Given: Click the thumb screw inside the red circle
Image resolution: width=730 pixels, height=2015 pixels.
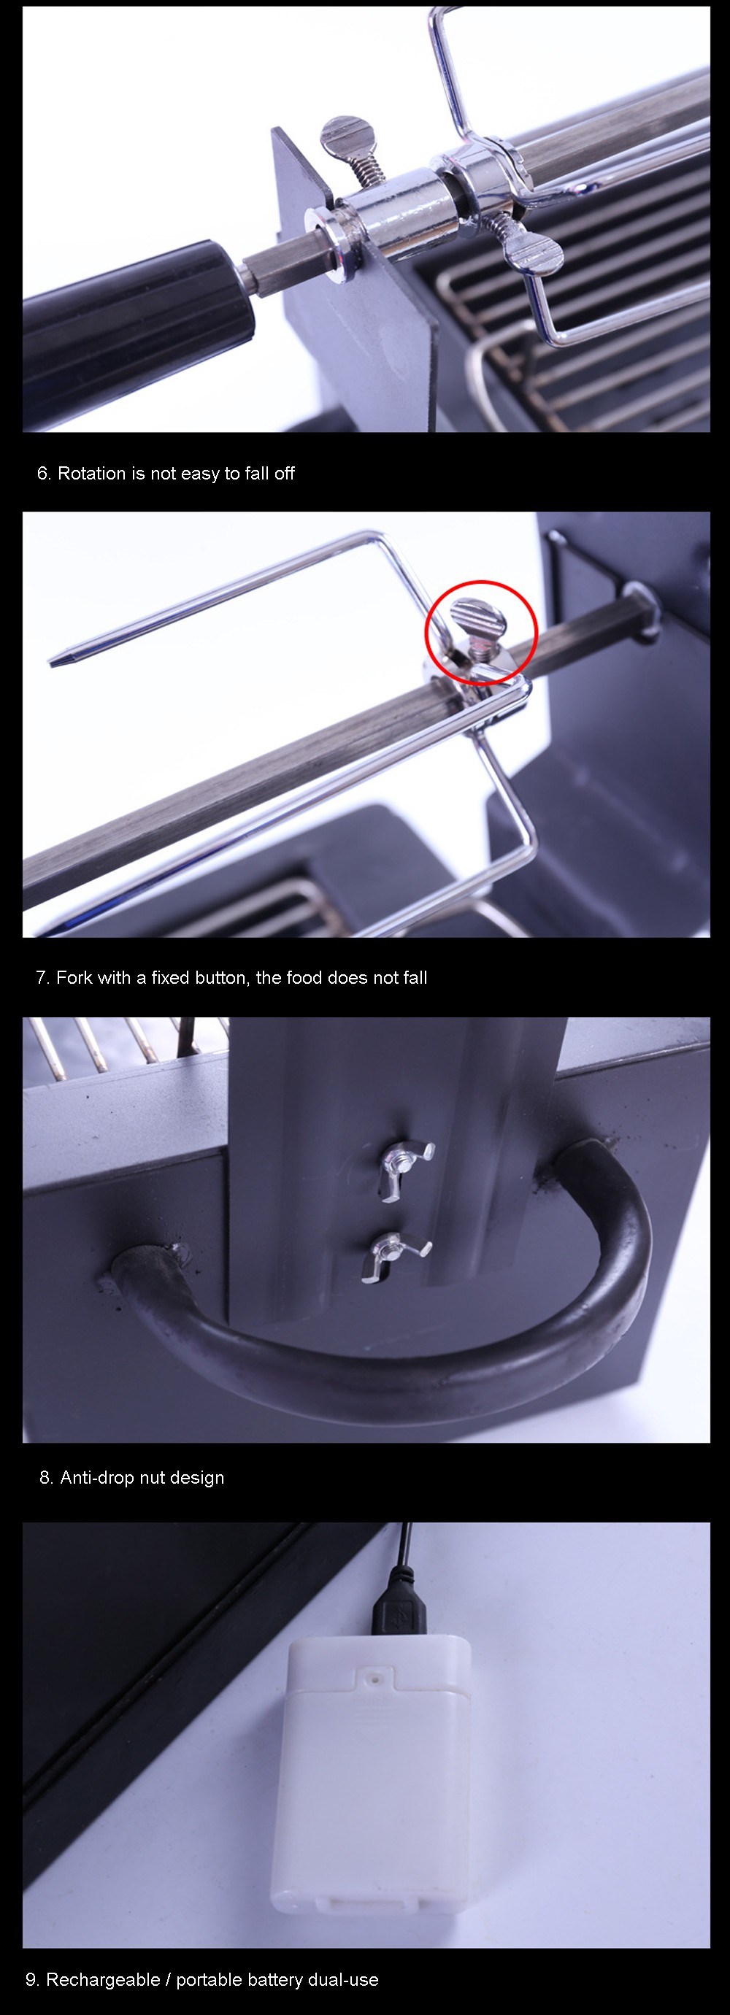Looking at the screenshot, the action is [x=479, y=625].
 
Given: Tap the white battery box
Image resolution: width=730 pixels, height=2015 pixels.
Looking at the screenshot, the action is [x=372, y=1772].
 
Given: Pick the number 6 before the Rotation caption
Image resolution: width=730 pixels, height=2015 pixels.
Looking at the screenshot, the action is [x=42, y=473].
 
